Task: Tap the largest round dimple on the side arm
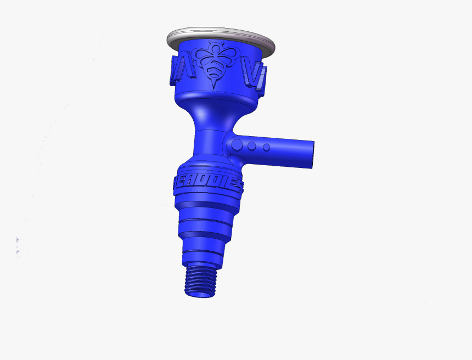coord(237,145)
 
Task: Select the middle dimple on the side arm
coord(252,147)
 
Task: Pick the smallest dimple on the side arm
coord(266,147)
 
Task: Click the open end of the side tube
coord(311,154)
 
